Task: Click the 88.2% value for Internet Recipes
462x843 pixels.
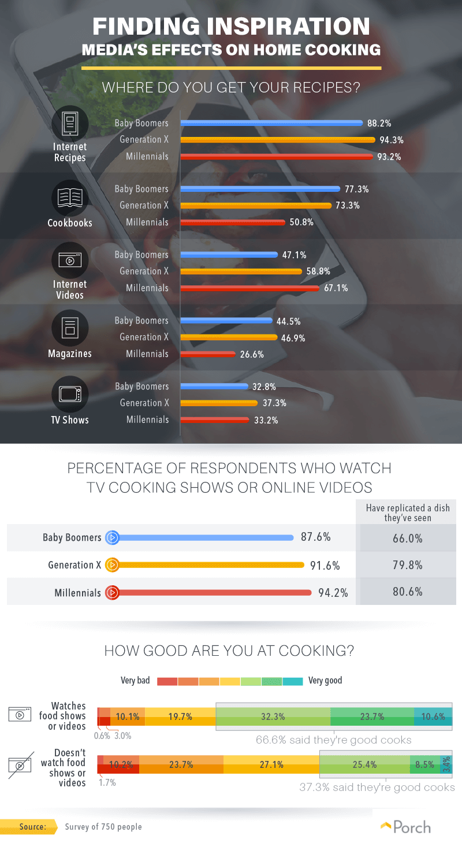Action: coord(379,124)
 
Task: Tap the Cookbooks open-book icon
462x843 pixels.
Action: coord(70,198)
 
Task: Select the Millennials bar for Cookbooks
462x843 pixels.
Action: coord(233,222)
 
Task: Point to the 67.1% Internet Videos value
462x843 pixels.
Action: coord(336,288)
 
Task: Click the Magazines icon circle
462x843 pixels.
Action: coord(70,328)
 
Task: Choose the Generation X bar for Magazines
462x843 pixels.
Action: coord(229,337)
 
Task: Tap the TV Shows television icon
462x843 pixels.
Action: coord(70,394)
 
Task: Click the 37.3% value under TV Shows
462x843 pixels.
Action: coord(274,403)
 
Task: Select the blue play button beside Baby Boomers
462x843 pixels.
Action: coord(112,537)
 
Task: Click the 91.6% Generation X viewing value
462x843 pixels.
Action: coord(325,566)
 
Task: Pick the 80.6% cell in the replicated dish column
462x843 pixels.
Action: coord(408,592)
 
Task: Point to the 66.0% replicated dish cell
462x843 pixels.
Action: coord(408,539)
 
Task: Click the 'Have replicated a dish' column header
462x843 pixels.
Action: coord(408,513)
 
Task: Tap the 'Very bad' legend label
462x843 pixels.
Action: coord(135,681)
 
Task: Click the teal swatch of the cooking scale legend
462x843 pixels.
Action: coord(293,681)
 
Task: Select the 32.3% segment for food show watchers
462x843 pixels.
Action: coord(273,716)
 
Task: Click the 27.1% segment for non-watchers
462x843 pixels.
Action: coord(271,764)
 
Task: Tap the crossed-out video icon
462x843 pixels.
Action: coord(21,765)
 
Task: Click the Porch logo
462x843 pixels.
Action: coord(405,827)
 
